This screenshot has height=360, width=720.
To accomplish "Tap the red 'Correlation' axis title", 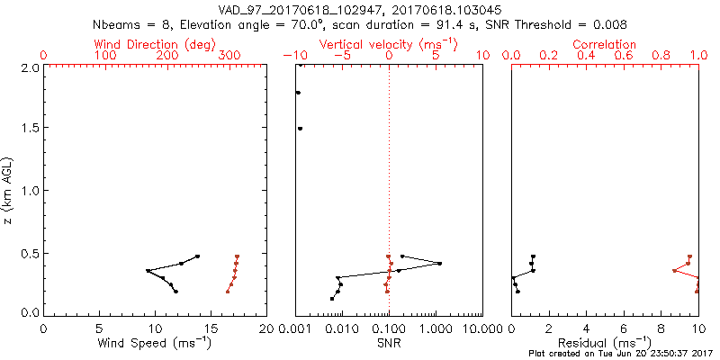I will [605, 43].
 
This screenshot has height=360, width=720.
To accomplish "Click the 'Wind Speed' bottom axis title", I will [156, 343].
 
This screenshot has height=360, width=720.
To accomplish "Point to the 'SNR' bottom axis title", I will [389, 343].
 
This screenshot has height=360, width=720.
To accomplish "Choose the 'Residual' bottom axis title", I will [605, 343].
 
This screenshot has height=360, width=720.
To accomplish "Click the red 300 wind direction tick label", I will [229, 56].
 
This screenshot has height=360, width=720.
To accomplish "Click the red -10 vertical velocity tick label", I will [294, 56].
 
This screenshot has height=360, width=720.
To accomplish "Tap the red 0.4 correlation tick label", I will [586, 56].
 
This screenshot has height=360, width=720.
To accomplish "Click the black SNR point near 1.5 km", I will [300, 129].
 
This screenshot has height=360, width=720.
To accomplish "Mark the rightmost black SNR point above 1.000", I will [440, 264].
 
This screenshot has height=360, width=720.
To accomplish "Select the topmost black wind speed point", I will [197, 256].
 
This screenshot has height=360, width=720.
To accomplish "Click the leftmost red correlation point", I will [674, 271].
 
